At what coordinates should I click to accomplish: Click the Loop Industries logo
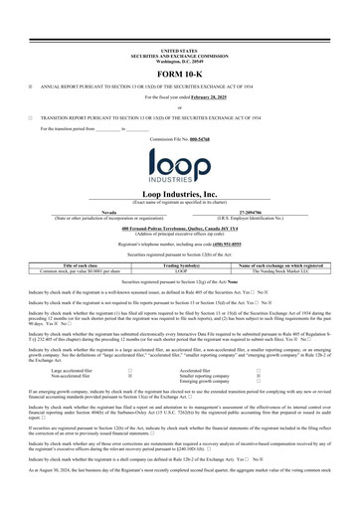click(x=179, y=163)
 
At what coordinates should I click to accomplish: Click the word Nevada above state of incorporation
click(x=87, y=212)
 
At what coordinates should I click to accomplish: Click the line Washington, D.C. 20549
click(x=179, y=58)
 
